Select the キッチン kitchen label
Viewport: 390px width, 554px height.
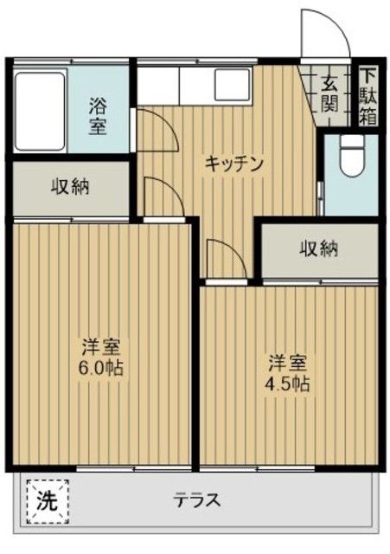coord(233,163)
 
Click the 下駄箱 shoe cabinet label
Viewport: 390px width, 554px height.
coord(368,95)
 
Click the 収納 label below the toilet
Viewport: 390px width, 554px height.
coord(318,249)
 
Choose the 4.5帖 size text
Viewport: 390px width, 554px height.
coord(288,383)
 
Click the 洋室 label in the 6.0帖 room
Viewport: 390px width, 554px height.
coord(101,347)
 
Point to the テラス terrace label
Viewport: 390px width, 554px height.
coord(198,500)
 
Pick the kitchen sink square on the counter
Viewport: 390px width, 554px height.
coord(232,84)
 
